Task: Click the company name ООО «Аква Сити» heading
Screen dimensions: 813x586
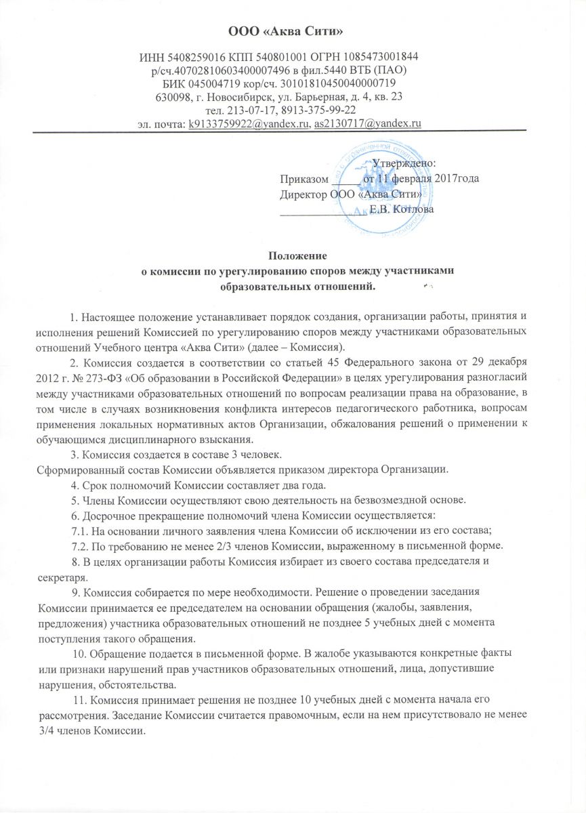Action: pos(293,31)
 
